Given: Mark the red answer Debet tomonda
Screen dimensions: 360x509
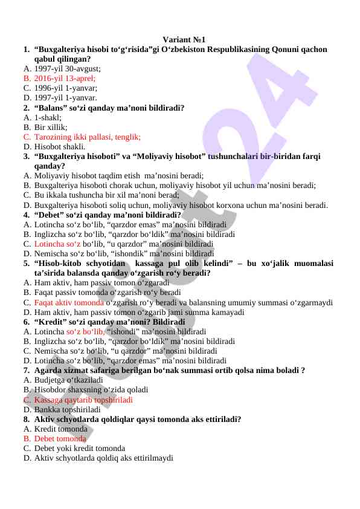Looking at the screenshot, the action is pyautogui.click(x=60, y=438).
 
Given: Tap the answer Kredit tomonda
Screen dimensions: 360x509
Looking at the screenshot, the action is pyautogui.click(x=61, y=429).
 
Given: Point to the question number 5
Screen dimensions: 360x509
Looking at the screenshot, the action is pyautogui.click(x=27, y=264).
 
